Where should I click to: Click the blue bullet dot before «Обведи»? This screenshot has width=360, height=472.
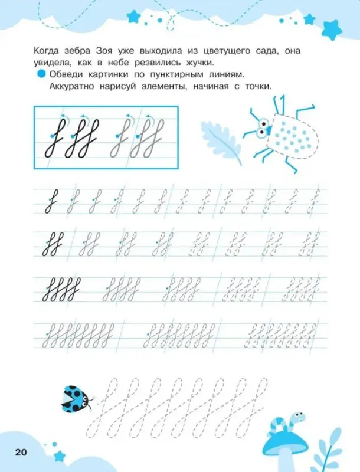[41, 74]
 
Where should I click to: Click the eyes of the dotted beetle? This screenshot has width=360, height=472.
[263, 125]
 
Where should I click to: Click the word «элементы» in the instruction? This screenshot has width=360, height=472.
[181, 86]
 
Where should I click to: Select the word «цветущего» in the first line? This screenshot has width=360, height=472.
[234, 52]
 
